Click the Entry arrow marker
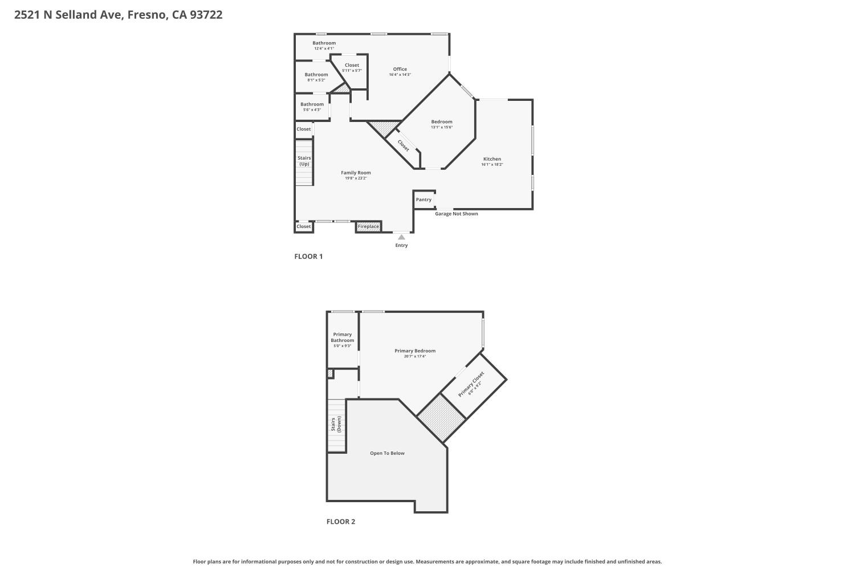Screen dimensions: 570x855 (401, 237)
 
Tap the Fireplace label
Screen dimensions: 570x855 (368, 227)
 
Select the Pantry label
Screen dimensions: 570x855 (424, 199)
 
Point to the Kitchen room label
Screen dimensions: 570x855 (492, 159)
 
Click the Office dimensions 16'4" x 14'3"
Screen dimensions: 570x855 (400, 75)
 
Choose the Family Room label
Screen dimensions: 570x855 (356, 173)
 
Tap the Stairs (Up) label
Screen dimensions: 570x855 (304, 161)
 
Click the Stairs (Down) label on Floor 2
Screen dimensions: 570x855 (336, 424)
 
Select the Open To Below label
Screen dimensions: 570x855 (387, 453)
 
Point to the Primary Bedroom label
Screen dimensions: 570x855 (415, 351)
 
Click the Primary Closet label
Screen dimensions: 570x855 (471, 384)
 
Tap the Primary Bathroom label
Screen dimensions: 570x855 (343, 337)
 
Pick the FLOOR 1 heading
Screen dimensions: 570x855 (308, 256)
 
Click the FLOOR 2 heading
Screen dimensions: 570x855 (341, 522)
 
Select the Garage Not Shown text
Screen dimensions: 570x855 (457, 214)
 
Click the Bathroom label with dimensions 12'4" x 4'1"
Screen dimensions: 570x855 (324, 43)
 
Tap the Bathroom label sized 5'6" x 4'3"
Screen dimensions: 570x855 (312, 104)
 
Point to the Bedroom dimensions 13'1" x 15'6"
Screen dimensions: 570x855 (442, 127)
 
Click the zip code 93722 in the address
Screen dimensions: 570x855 (206, 15)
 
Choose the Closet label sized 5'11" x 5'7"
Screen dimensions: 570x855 (352, 66)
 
